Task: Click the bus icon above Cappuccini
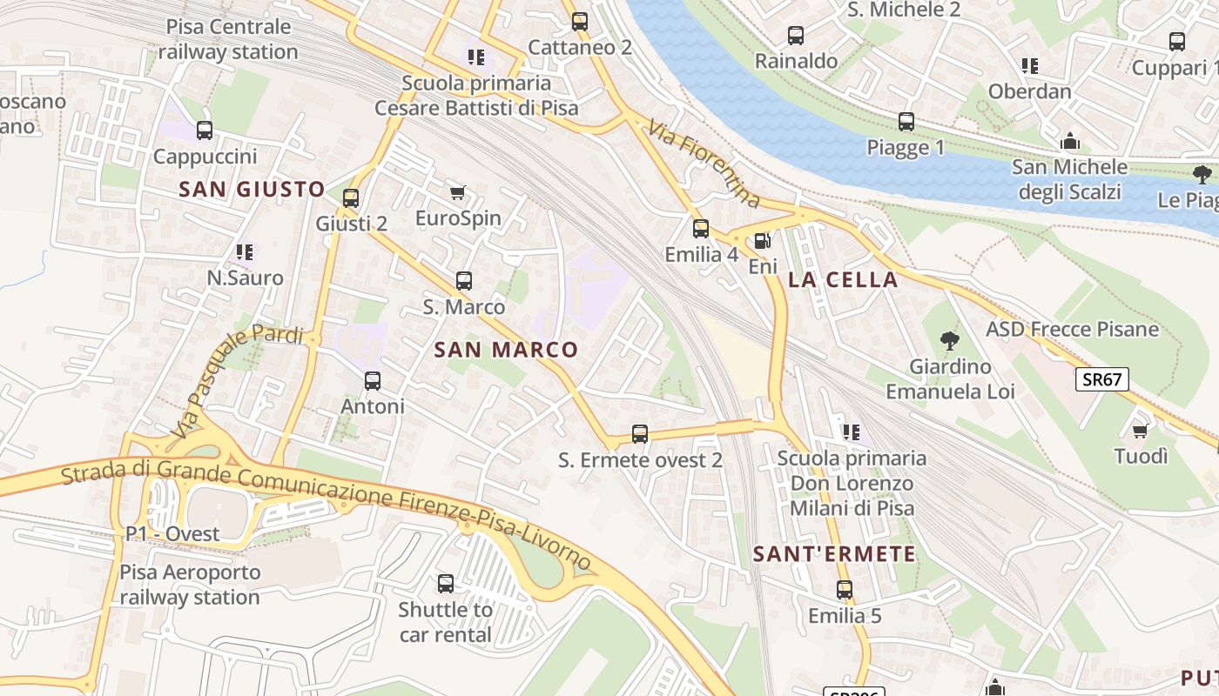point(205,130)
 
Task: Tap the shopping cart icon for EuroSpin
point(457,192)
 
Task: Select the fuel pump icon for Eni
point(763,241)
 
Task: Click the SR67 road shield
point(1102,379)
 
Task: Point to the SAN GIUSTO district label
point(252,189)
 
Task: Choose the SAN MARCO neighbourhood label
point(506,350)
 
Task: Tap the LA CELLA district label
point(842,279)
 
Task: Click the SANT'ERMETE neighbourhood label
point(834,554)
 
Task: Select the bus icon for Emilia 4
point(701,229)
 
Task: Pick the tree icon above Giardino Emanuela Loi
point(950,341)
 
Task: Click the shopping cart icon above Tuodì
point(1140,430)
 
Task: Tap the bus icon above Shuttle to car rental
point(446,584)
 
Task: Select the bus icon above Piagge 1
point(906,122)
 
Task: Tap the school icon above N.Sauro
point(245,252)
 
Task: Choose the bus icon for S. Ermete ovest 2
point(640,433)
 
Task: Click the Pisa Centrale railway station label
point(228,39)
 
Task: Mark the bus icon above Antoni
point(373,381)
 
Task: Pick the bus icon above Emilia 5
point(845,590)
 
